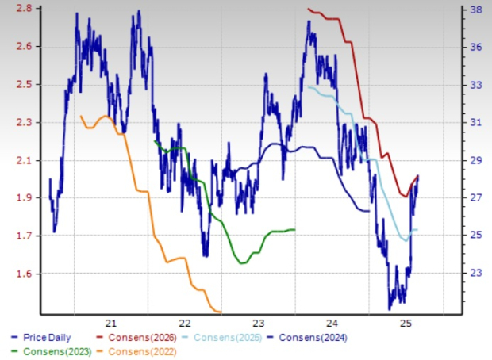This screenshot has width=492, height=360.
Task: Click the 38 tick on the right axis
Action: [475, 10]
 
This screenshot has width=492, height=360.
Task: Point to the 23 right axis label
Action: [475, 273]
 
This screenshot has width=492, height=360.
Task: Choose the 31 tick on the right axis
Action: [475, 122]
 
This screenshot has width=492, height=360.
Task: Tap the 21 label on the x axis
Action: [110, 323]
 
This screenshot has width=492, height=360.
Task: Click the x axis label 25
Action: [405, 323]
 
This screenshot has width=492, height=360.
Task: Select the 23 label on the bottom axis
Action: [258, 323]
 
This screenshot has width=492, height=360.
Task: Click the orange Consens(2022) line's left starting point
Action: [81, 116]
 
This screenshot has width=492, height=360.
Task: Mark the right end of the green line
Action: [295, 230]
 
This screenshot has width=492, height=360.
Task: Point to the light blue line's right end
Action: [417, 230]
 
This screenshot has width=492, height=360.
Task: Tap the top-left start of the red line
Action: [308, 9]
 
